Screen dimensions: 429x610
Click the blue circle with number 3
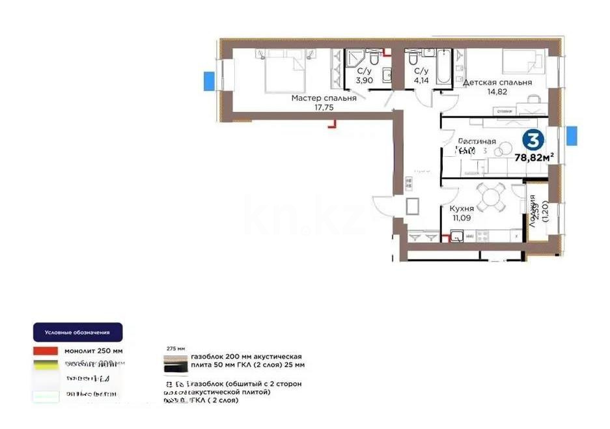[533, 141]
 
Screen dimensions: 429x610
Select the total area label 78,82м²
[534, 157]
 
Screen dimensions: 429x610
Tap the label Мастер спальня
[324, 98]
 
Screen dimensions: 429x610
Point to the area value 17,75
[322, 108]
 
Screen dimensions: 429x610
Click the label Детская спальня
[497, 83]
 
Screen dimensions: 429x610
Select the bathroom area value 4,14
[421, 80]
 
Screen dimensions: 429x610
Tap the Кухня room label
[461, 208]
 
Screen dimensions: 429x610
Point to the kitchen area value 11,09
[461, 218]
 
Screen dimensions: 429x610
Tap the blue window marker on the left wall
[210, 81]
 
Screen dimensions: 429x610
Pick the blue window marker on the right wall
[572, 135]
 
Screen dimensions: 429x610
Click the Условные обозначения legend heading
[77, 333]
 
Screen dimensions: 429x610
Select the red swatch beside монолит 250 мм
[46, 351]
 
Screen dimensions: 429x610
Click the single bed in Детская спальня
[521, 65]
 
